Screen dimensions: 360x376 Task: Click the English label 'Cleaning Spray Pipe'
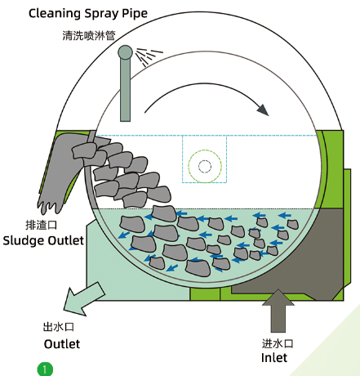click(x=88, y=13)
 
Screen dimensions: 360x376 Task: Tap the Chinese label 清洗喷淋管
click(x=89, y=36)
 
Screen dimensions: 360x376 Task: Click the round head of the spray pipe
click(x=125, y=52)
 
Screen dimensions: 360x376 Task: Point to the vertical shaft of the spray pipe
click(x=126, y=90)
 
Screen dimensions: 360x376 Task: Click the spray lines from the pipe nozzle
click(x=149, y=56)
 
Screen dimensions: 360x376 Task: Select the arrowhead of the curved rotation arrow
click(x=263, y=110)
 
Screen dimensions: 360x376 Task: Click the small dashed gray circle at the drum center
click(x=205, y=167)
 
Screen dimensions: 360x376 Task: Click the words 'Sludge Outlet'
click(x=43, y=241)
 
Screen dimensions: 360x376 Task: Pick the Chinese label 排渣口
click(x=42, y=225)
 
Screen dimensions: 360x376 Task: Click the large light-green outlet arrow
click(x=83, y=300)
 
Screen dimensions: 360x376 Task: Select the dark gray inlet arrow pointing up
click(x=278, y=311)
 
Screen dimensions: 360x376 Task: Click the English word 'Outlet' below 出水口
click(x=62, y=344)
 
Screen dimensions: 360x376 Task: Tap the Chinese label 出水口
click(x=59, y=327)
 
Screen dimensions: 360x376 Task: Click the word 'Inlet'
click(x=274, y=358)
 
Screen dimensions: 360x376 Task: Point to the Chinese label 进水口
click(x=278, y=343)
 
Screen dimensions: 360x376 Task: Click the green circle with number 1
click(x=45, y=369)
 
